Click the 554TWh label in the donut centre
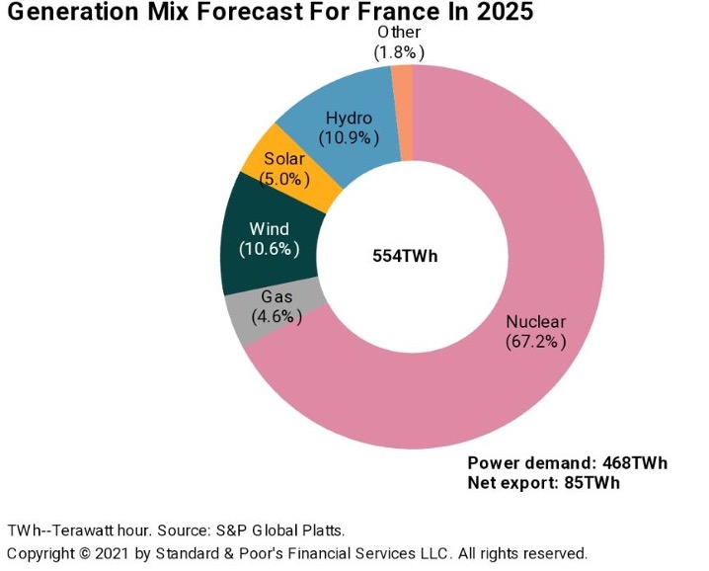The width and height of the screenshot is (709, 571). coord(405,256)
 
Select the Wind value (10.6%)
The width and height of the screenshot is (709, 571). coord(269,249)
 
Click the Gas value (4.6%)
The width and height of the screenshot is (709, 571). coord(276,317)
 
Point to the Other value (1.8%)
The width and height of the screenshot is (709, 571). coord(399,52)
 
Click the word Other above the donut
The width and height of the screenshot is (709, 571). coord(399,33)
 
